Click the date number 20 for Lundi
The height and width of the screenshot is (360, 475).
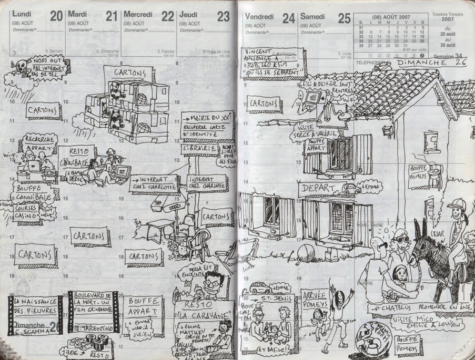(55, 16)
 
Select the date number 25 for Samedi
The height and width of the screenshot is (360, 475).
(344, 18)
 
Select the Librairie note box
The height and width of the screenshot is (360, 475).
(199, 149)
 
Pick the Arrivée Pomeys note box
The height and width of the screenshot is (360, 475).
(315, 300)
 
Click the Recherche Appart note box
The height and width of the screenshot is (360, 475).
(39, 144)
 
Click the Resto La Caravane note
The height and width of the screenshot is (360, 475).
(204, 310)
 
